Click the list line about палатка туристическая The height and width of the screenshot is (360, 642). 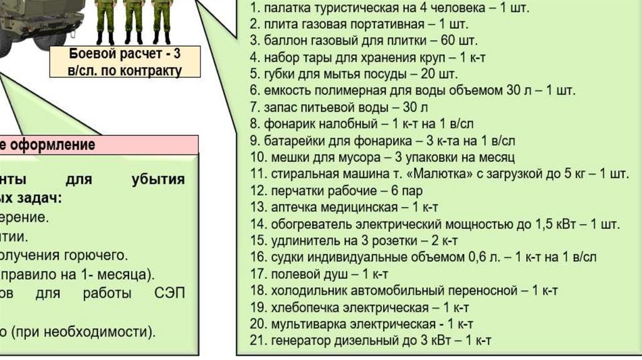tap(389, 9)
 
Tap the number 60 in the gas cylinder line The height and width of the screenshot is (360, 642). tap(449, 41)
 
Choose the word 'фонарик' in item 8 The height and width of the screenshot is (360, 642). tap(291, 123)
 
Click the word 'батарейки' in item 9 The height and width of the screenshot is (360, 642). tap(295, 140)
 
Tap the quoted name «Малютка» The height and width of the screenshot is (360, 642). tap(445, 173)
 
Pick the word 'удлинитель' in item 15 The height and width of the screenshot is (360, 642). tap(302, 240)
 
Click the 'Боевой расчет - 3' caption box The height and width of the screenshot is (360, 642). tap(125, 61)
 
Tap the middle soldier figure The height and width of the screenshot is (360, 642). tap(134, 19)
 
